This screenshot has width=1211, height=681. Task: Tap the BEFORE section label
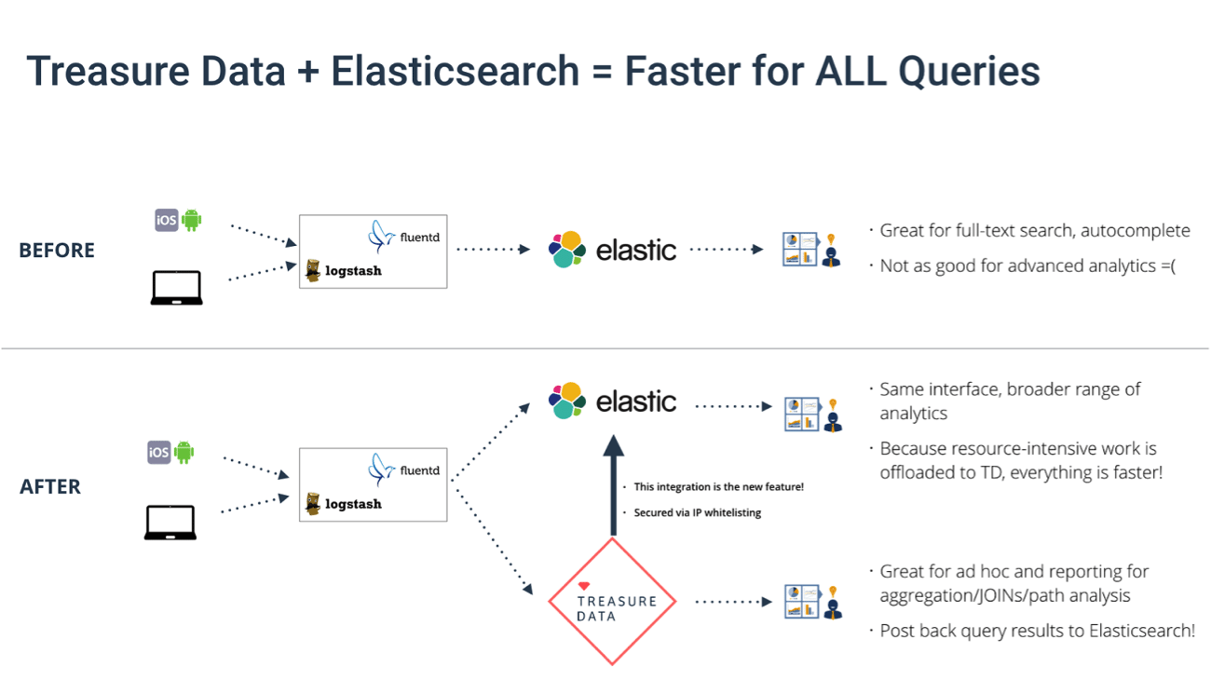click(x=57, y=251)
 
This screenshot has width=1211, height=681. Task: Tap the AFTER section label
click(x=50, y=486)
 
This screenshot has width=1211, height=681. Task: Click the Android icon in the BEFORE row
click(x=192, y=220)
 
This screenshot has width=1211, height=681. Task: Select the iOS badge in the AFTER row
click(x=159, y=453)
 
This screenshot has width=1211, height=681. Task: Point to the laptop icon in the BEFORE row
click(x=177, y=288)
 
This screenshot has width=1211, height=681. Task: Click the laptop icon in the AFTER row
click(x=170, y=523)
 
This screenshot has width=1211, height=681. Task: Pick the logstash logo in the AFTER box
click(x=343, y=504)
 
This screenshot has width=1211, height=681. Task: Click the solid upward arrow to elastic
click(x=612, y=484)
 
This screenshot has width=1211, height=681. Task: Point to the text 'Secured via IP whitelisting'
click(x=697, y=512)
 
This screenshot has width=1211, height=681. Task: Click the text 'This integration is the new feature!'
click(x=718, y=487)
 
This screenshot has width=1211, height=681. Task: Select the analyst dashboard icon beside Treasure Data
click(x=813, y=602)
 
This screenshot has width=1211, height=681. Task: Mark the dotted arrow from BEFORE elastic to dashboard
click(x=727, y=250)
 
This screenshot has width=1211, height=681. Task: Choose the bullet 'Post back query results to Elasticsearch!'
click(x=1037, y=631)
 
